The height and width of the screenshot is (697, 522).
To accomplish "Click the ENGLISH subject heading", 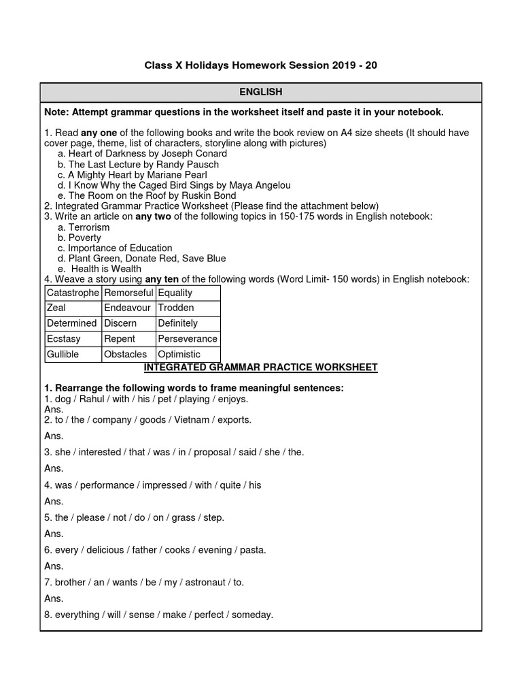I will point(260,92).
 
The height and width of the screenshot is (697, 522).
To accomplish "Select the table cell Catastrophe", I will point(72,293).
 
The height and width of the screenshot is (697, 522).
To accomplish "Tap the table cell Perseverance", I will point(188,339).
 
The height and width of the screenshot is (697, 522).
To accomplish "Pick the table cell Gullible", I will point(63,355).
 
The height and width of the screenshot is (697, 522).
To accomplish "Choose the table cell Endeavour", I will point(127,308).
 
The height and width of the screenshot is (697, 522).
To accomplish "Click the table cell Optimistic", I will point(179,355).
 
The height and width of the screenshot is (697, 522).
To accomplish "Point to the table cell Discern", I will point(120,323).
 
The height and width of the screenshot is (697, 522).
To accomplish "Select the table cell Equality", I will point(175,293).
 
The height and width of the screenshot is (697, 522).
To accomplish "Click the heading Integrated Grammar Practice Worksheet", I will point(260,368).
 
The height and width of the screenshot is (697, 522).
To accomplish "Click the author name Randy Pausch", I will point(188,164).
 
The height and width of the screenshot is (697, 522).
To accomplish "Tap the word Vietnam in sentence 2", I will point(192,420).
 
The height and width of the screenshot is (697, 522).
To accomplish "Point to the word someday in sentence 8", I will point(252,615).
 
